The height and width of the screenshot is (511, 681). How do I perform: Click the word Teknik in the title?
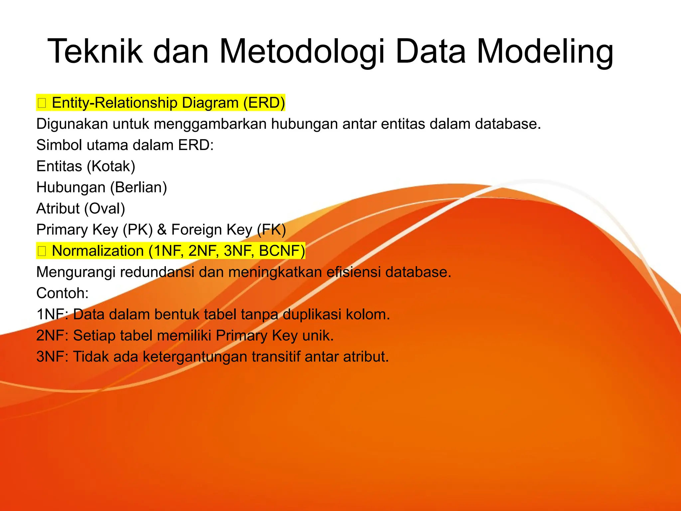95,52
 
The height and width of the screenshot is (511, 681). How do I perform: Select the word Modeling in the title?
545,52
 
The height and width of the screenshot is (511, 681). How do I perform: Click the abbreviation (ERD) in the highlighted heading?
264,103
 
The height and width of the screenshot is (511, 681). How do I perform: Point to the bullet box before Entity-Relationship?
42,103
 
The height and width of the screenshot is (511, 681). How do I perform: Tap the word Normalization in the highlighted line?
98,251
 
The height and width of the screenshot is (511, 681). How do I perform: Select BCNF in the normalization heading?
282,251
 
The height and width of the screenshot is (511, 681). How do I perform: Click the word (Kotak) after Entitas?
111,166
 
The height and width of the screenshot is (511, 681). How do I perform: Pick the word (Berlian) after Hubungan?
138,188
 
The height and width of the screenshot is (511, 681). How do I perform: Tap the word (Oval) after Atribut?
104,209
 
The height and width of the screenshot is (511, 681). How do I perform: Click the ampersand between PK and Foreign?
162,230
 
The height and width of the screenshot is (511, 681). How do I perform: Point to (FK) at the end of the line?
271,230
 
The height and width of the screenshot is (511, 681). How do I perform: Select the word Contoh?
63,293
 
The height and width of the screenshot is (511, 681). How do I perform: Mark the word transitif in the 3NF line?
276,357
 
